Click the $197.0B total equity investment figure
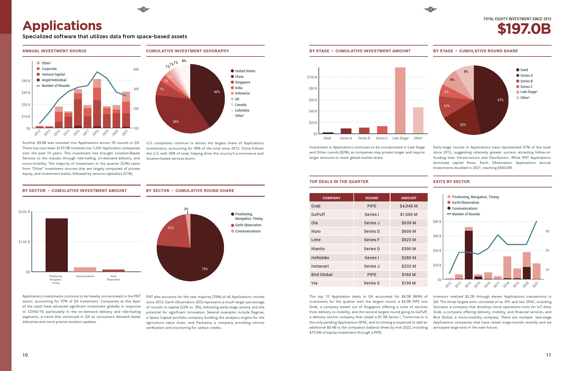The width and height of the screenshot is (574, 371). [524, 29]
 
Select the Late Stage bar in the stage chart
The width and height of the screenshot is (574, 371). [400, 100]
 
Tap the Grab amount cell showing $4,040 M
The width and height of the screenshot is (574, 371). [409, 206]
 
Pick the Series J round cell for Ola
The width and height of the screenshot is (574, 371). [372, 223]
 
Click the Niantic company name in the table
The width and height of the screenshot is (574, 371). [318, 249]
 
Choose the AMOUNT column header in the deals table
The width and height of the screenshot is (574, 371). [409, 198]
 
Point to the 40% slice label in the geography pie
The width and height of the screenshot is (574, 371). [217, 92]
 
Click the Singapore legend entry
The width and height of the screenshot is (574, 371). [242, 82]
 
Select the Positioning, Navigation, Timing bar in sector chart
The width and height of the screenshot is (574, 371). [57, 245]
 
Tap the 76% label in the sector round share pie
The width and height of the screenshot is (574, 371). [205, 269]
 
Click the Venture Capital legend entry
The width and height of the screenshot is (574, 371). [53, 74]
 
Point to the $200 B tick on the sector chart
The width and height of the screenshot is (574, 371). [24, 212]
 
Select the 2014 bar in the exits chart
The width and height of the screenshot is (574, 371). [468, 254]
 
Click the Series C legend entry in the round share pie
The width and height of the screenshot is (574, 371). [526, 87]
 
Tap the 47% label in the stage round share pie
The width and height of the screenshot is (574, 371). [500, 100]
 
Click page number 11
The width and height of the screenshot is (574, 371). [548, 355]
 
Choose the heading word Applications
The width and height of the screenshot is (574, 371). [62, 26]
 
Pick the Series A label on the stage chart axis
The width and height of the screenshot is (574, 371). [346, 138]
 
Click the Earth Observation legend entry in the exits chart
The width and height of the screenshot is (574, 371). [465, 203]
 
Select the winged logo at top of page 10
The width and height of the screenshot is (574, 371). [143, 10]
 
